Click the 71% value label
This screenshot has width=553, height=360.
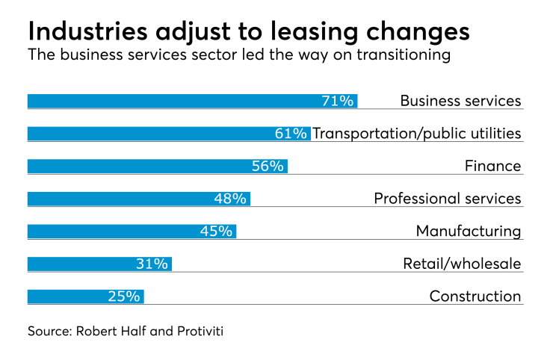(x=337, y=101)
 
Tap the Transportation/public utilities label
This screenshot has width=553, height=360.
(x=416, y=134)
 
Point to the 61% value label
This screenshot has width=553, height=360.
(x=291, y=134)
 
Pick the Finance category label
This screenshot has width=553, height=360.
(x=492, y=166)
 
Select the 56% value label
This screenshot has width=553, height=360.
(x=268, y=166)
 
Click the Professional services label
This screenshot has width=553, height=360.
(x=447, y=199)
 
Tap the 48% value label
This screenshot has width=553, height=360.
(x=230, y=199)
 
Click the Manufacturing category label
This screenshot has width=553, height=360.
(x=468, y=231)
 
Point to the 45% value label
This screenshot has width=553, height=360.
(x=216, y=231)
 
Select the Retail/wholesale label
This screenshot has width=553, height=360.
(x=461, y=264)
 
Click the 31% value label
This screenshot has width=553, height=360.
(x=152, y=264)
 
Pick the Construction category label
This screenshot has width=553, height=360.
(x=475, y=297)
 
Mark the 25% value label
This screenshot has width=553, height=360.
(x=123, y=297)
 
